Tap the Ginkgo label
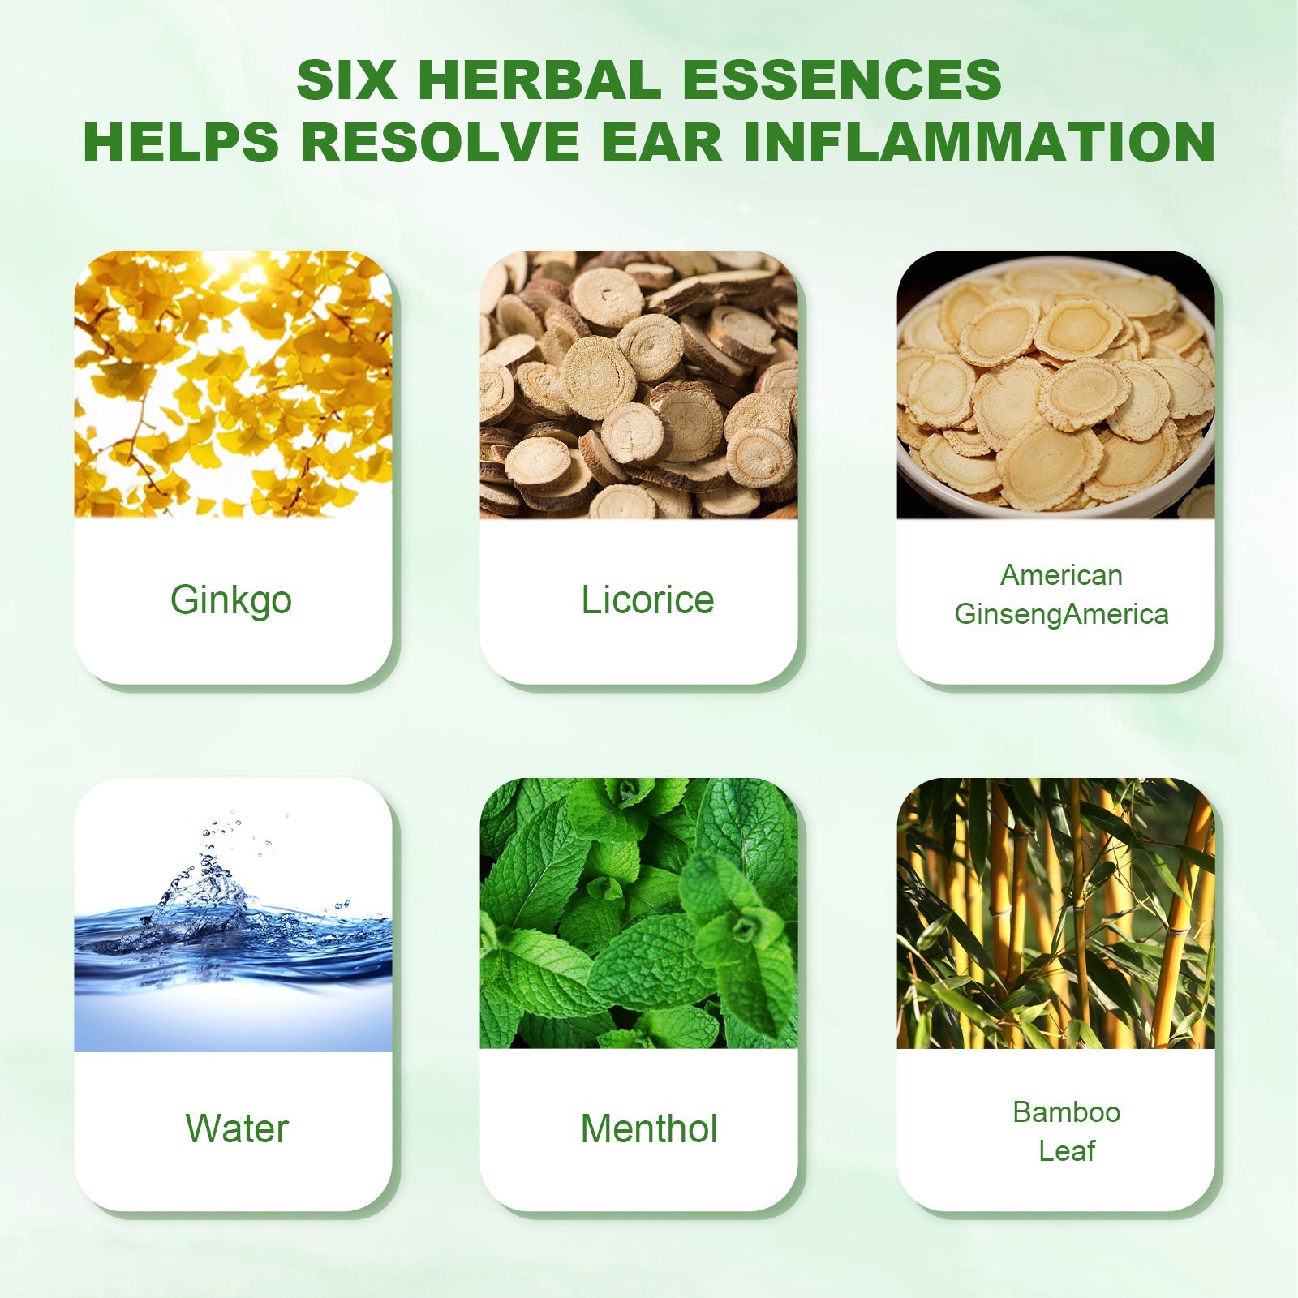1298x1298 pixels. tap(231, 601)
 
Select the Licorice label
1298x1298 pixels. tap(647, 600)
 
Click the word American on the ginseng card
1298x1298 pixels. tap(1061, 575)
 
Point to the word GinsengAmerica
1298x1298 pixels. tap(1061, 614)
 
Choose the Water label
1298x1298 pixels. tap(237, 1128)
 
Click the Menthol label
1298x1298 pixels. tap(649, 1128)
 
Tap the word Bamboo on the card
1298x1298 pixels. tap(1066, 1111)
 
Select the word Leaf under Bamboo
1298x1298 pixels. tap(1067, 1150)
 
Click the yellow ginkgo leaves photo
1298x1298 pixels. tap(233, 385)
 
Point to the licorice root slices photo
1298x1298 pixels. tap(638, 385)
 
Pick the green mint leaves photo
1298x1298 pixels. tap(638, 913)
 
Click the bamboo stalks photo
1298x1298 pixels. tap(1055, 913)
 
